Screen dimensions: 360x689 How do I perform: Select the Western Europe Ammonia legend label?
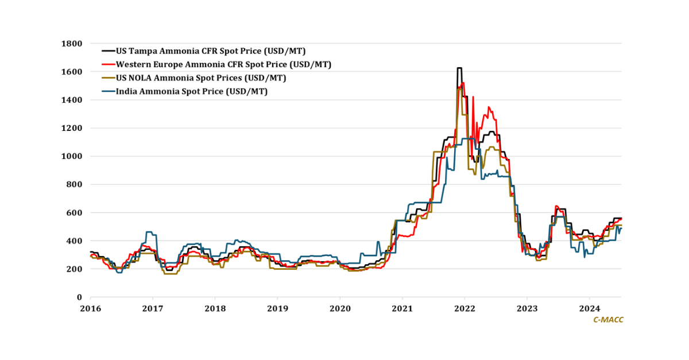(223, 64)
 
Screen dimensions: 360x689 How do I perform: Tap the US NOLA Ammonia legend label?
(201, 78)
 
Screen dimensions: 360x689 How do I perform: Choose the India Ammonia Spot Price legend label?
(192, 91)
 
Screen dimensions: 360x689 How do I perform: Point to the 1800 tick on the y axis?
(73, 44)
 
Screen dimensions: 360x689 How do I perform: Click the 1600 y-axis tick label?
(73, 72)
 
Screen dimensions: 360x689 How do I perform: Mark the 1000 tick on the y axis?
(73, 156)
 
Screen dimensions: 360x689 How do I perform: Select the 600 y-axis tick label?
(75, 212)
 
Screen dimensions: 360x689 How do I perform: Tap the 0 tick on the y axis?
(80, 297)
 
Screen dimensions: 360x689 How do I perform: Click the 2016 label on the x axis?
(90, 308)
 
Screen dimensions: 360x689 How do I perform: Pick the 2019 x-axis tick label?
(277, 308)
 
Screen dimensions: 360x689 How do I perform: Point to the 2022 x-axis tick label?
(465, 308)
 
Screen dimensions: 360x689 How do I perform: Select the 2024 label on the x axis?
(590, 308)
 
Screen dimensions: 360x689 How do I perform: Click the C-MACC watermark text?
(608, 320)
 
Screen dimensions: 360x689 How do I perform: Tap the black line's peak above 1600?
(459, 68)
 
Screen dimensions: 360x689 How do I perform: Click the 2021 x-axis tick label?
(402, 308)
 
